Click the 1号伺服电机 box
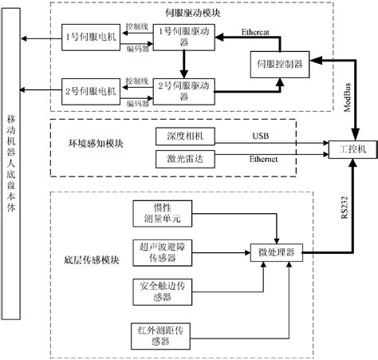pyautogui.click(x=85, y=38)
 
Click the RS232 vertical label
pyautogui.click(x=345, y=204)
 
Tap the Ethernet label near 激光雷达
pyautogui.click(x=264, y=160)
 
